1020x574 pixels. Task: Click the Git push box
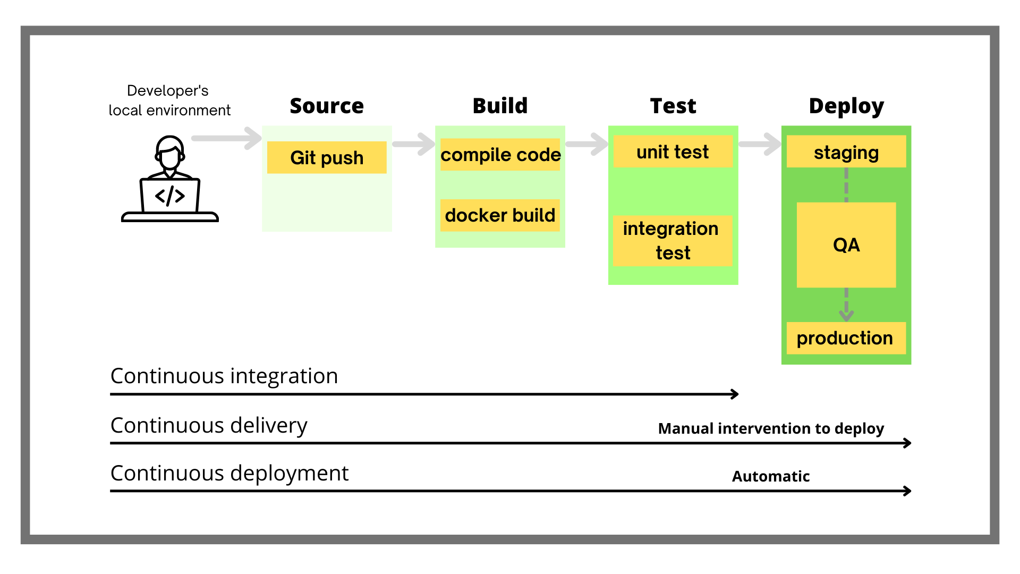[327, 157]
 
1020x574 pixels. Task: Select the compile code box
[500, 155]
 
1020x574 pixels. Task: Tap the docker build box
[500, 215]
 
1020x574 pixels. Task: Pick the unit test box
[673, 152]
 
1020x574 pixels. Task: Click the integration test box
[673, 241]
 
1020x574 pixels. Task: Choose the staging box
[846, 152]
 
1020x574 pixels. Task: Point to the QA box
[846, 245]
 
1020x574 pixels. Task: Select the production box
[846, 338]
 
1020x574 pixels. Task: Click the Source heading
[327, 106]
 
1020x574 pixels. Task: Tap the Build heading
[500, 106]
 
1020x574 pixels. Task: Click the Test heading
[673, 106]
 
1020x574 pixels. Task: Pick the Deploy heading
[846, 106]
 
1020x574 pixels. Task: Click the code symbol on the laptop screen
[170, 196]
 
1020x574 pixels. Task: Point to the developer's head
[170, 151]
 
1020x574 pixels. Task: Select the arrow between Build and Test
[587, 144]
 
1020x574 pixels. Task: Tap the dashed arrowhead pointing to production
[846, 315]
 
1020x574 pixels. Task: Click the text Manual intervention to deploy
[771, 428]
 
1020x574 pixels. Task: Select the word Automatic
[771, 476]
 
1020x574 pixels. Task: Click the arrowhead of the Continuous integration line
[735, 394]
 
